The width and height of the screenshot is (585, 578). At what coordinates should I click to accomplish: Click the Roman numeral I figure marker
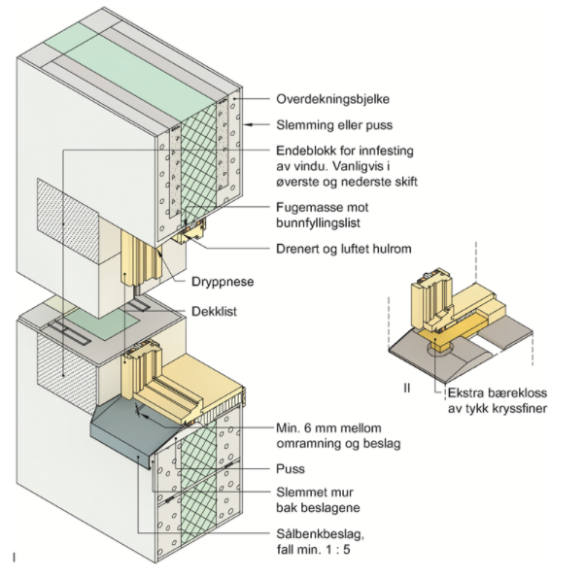(x=15, y=557)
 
